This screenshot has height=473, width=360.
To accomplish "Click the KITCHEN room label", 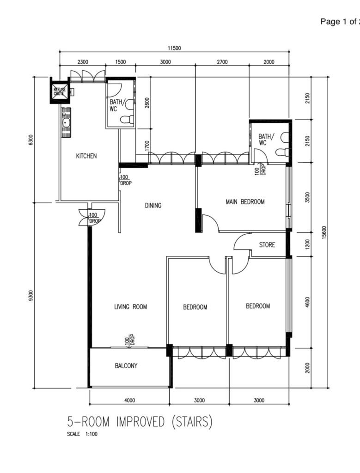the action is point(86,156).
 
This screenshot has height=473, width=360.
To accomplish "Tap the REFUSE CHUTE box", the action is point(59,90).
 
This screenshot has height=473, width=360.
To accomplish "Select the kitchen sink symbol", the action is point(66,122).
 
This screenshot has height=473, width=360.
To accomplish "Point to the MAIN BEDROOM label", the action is point(245,201).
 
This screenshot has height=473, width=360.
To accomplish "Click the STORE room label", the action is point(267,245).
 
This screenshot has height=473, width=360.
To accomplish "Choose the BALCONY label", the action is point(126,366).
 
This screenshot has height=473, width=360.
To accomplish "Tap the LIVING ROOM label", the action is point(130,307).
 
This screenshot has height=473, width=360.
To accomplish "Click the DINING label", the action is point(153,206).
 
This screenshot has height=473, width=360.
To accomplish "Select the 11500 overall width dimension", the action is point(174,48).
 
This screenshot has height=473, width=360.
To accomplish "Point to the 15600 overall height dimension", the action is point(324,232).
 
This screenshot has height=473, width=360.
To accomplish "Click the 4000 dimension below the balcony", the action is point(129,400).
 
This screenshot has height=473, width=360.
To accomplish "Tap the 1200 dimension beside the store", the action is point(307,244).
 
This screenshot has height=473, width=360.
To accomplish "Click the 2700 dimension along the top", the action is point(222,62).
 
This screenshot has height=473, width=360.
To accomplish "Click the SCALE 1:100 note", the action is point(82,434).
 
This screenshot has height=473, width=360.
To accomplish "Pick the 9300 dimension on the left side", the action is point(31,296).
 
